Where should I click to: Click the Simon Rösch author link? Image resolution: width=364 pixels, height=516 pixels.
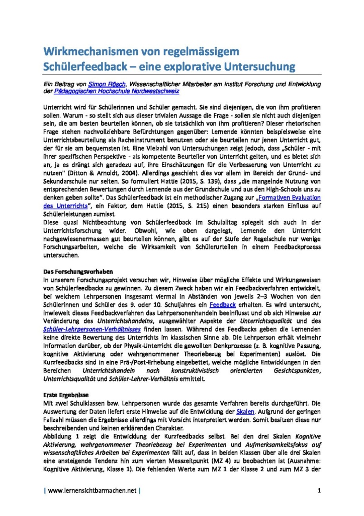point(107,84)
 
